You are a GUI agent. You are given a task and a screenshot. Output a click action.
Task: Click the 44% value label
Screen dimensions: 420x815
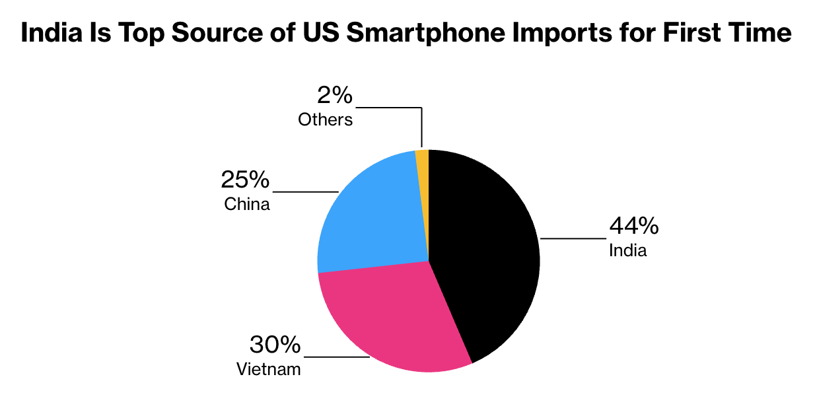[633, 227]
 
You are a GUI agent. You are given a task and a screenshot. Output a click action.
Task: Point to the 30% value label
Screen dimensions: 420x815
[275, 345]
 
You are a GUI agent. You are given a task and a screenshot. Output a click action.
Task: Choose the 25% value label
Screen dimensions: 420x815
[245, 180]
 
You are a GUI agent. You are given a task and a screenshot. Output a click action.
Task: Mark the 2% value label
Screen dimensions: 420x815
[335, 96]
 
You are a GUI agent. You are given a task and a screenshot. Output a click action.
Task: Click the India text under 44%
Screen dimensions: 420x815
[627, 251]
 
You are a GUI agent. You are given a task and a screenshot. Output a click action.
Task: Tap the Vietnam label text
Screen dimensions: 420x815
[268, 369]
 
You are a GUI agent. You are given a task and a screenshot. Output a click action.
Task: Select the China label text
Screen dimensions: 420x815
[247, 204]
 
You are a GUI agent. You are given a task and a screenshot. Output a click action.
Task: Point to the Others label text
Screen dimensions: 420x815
[325, 120]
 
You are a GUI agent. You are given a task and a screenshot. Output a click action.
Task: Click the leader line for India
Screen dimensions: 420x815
[573, 238]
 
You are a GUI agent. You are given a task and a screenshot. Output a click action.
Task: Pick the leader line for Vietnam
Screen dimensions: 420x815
[336, 357]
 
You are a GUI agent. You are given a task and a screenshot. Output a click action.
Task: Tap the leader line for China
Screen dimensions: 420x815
[305, 192]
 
